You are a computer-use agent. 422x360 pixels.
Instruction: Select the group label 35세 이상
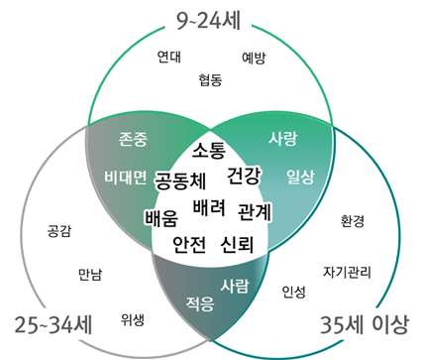367,325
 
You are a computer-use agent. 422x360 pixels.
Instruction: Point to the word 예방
254,58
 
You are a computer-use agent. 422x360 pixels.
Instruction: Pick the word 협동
210,78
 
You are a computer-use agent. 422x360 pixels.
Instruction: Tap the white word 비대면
125,178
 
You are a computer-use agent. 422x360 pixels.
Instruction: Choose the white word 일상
300,177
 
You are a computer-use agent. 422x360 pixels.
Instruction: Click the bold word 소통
209,151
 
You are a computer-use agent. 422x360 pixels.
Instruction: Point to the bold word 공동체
180,181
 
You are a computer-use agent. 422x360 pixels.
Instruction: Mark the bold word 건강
244,177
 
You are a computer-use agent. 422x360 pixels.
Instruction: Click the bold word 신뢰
239,244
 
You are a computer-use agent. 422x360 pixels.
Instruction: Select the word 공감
59,233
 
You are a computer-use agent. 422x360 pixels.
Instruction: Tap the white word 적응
200,303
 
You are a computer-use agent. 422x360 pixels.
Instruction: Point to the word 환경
353,220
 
